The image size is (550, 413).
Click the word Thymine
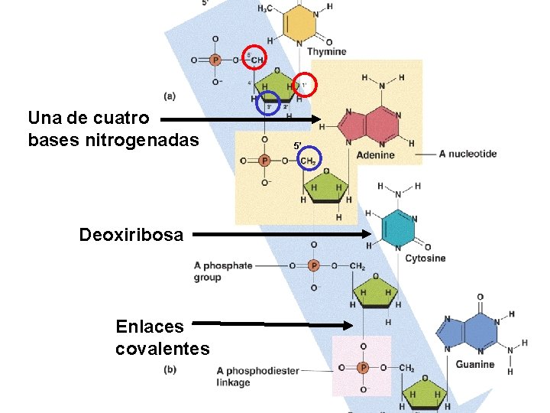coord(326,51)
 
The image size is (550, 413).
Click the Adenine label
coord(375,154)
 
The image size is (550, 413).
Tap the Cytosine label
coord(425,258)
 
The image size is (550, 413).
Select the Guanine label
coord(474,365)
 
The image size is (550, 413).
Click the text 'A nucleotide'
coord(467,154)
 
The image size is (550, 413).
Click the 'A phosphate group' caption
coord(222,272)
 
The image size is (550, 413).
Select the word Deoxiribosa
coord(131,235)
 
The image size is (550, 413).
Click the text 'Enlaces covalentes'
coord(162,338)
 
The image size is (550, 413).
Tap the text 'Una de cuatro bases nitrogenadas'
coord(113,130)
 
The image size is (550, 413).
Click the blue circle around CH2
coord(308,160)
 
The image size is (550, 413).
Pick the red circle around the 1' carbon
coord(303,85)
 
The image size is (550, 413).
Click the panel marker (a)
coord(170,96)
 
